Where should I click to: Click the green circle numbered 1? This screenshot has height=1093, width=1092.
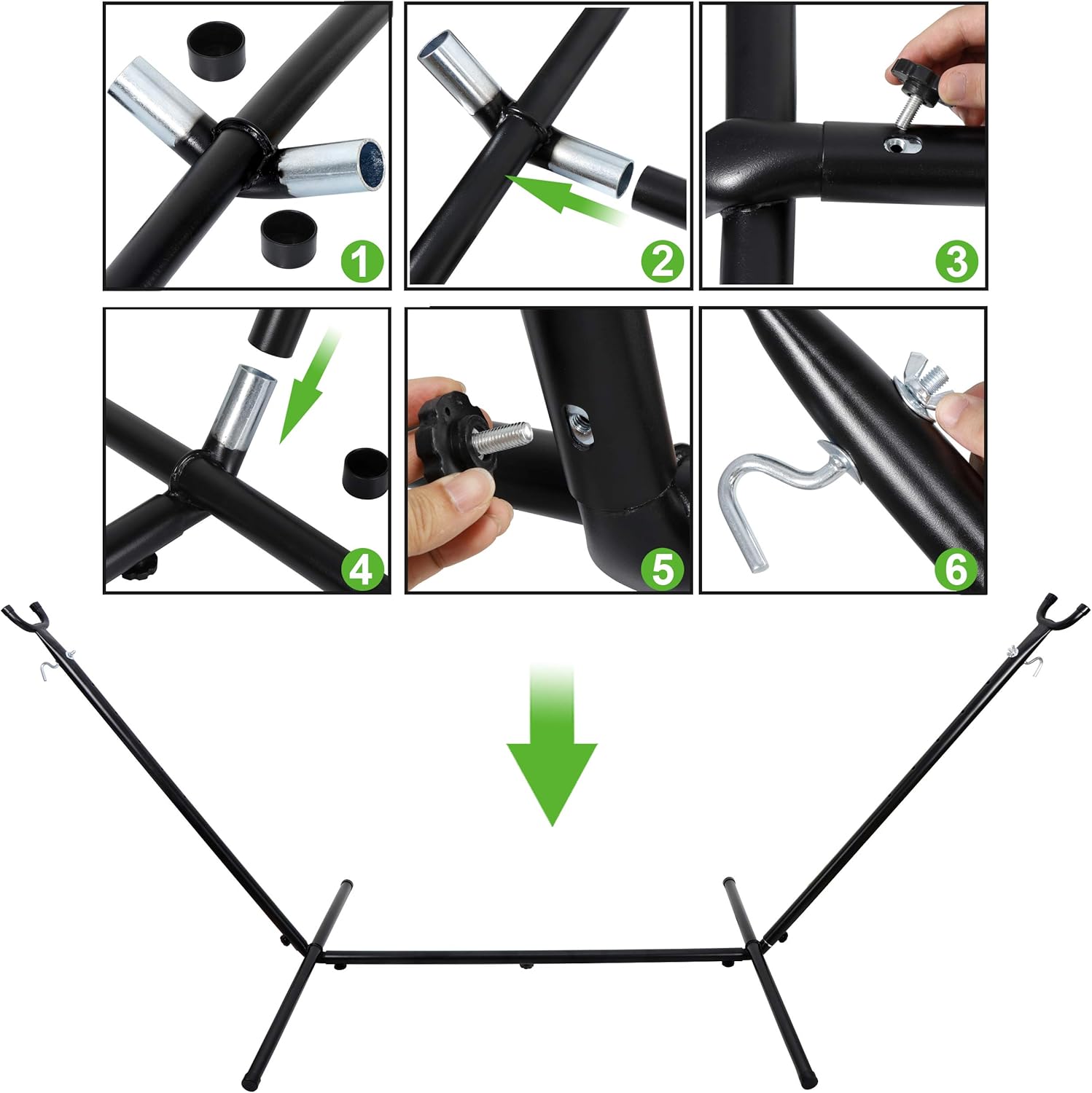click(x=362, y=262)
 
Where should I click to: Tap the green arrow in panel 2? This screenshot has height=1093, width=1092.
click(x=564, y=193)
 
